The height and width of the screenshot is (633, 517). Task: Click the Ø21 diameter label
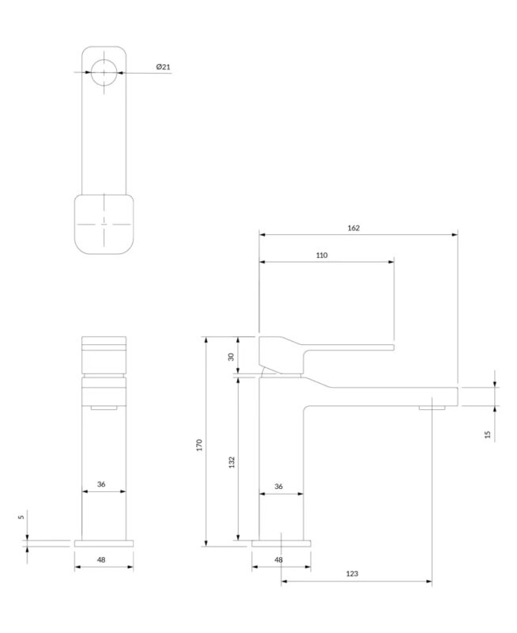point(164,66)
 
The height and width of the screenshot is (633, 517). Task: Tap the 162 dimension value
point(353,228)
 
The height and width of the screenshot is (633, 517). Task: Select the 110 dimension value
point(322,255)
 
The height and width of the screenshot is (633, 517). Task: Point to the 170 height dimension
point(199,445)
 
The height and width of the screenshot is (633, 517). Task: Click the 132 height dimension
point(232,462)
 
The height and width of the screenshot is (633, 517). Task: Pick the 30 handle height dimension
point(231,357)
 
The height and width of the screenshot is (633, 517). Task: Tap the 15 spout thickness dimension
point(488,434)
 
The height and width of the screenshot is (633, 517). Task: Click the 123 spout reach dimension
point(352,574)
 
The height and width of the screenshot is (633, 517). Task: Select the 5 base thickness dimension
point(21,517)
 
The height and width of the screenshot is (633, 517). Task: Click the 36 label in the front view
point(101,484)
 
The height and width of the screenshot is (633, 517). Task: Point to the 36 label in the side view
point(279,487)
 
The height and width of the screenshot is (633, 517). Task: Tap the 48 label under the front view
point(101,560)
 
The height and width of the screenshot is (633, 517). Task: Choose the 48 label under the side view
point(279,560)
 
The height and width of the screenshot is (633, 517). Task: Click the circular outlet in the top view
point(104,73)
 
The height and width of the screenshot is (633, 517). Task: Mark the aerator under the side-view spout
point(432,407)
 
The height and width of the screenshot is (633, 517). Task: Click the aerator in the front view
point(104,407)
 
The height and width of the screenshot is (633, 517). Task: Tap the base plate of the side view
point(281,544)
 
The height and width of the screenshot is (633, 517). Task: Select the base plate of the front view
point(104,544)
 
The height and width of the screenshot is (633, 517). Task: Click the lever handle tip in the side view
point(394,347)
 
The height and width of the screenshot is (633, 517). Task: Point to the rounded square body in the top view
point(104,225)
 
